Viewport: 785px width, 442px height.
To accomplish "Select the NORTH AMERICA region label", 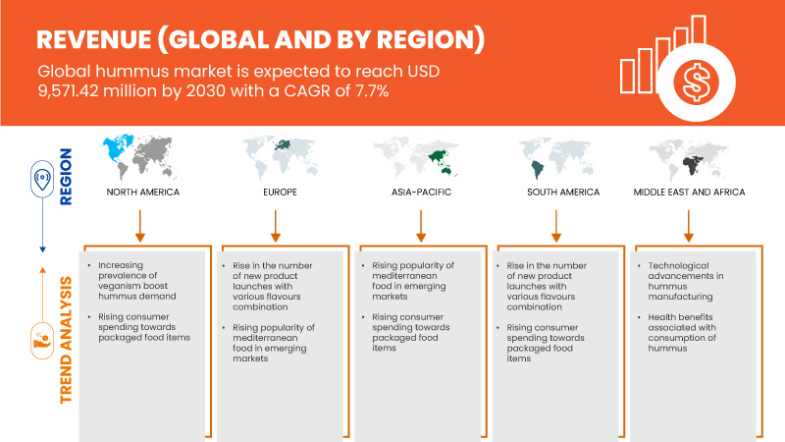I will tap(143, 192).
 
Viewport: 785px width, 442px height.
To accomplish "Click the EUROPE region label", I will tap(279, 192).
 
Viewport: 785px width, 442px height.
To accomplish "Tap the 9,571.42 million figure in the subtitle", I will tap(108, 94).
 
